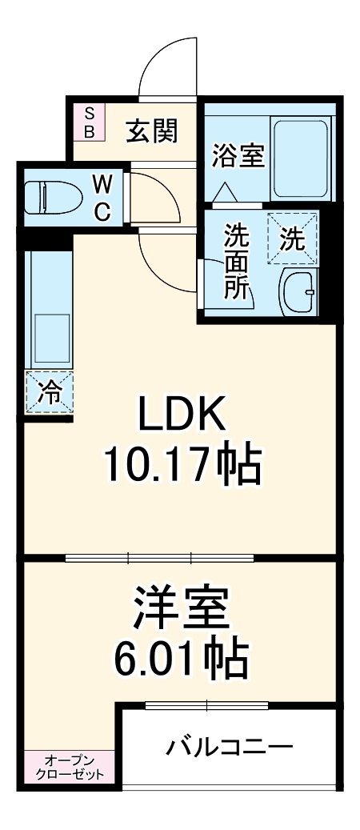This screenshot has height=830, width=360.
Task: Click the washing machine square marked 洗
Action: pyautogui.click(x=292, y=238)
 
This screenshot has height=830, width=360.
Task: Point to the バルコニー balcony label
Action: pyautogui.click(x=229, y=748)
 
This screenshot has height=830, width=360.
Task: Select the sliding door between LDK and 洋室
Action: pyautogui.click(x=160, y=557)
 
